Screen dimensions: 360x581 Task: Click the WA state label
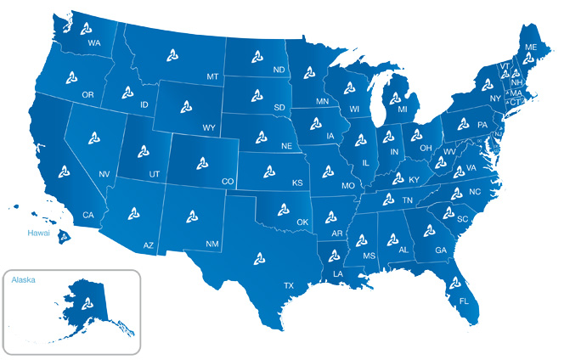coord(94,42)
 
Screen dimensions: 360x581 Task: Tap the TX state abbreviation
coord(289,285)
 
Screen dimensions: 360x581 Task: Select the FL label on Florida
coord(464,301)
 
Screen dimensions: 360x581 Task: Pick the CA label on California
coord(87,215)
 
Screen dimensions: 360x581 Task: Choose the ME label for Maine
coord(531,48)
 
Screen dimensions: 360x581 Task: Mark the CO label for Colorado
coord(227,181)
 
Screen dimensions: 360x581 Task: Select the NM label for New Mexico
coord(212,244)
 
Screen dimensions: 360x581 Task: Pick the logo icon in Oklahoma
coord(284,208)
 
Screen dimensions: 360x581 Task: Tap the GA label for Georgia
coord(440,250)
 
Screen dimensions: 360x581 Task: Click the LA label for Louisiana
coord(338,274)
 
